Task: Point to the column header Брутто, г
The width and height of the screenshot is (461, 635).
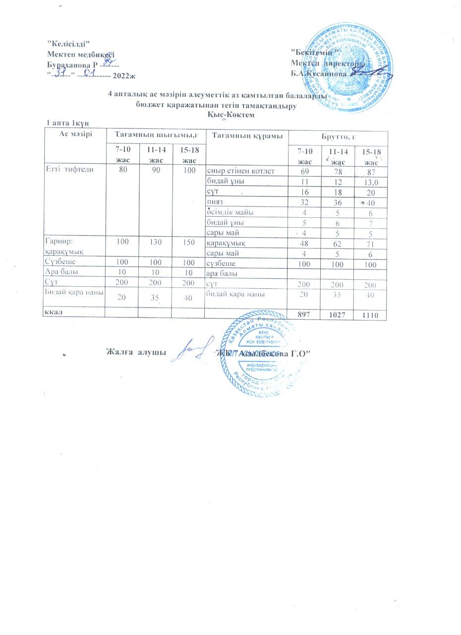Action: coord(337,136)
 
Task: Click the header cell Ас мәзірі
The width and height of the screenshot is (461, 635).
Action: coord(75,133)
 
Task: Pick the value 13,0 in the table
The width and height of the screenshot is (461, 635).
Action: coord(371,183)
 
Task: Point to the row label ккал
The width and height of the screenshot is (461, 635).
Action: coord(53,313)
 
